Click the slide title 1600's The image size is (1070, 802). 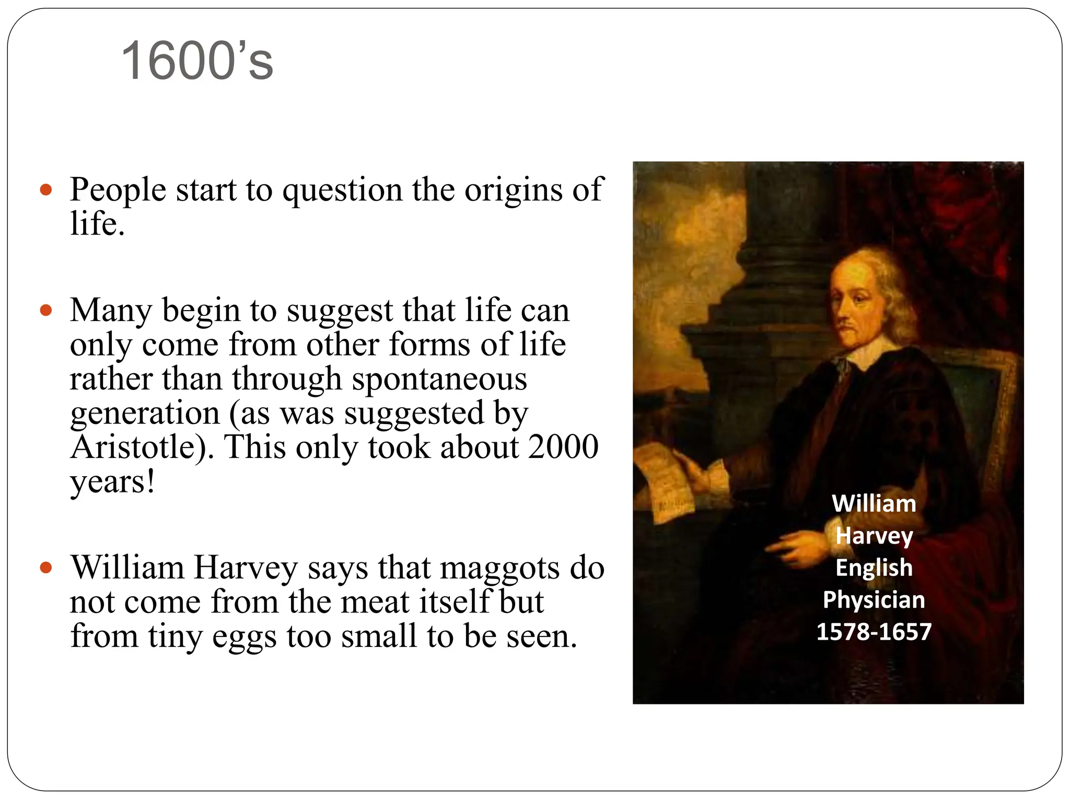[x=197, y=62]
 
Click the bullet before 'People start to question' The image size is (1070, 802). [x=46, y=190]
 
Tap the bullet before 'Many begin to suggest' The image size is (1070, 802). [x=46, y=311]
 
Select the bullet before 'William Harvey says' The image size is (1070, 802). [x=46, y=568]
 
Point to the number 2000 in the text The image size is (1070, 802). [x=563, y=447]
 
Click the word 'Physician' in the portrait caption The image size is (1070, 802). [x=874, y=600]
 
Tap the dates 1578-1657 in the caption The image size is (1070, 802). [x=874, y=632]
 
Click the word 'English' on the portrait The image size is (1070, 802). [x=874, y=568]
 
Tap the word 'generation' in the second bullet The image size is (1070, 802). [x=145, y=413]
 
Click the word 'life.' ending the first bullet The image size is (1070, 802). [x=98, y=224]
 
